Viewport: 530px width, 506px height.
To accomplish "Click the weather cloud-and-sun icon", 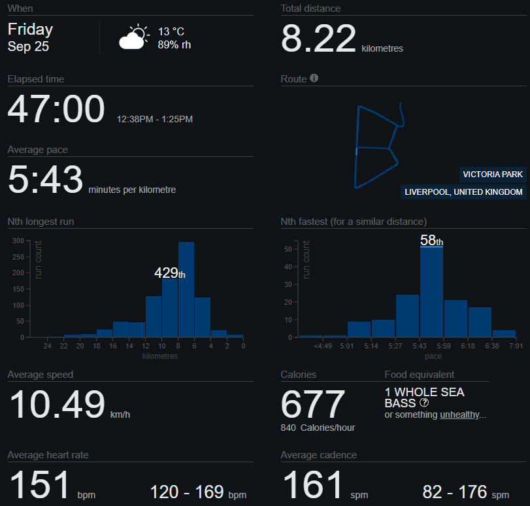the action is (x=134, y=37).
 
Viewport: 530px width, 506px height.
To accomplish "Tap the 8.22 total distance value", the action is (x=318, y=39).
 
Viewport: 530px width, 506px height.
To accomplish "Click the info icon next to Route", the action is (x=314, y=78).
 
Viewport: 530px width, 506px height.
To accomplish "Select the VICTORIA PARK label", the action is (x=493, y=174).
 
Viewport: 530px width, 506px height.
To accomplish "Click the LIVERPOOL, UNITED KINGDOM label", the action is (x=463, y=192).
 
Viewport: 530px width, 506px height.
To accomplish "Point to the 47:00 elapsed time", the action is (x=56, y=109).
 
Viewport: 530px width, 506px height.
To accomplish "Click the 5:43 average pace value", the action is (x=45, y=179).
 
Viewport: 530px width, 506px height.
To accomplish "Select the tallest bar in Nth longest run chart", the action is (x=186, y=290).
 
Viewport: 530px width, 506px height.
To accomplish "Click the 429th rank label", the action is (x=170, y=273).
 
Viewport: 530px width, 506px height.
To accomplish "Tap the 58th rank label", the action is (x=431, y=241).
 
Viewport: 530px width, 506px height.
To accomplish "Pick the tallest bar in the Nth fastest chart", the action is (x=431, y=292).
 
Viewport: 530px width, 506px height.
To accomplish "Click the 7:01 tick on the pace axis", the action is (x=516, y=346).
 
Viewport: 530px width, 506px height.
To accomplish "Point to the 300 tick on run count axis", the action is (x=18, y=241).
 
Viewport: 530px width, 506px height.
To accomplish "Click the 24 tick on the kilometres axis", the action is (x=47, y=346).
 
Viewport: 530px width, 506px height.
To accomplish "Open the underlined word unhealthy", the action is (x=459, y=414).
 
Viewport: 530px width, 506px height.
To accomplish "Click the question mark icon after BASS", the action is (x=424, y=403).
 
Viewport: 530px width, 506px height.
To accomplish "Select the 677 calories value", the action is (x=312, y=404).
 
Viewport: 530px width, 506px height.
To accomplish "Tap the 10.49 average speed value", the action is (x=57, y=404).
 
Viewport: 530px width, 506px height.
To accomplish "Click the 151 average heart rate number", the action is (x=40, y=484).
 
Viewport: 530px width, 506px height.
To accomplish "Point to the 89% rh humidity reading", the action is (x=174, y=44).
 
